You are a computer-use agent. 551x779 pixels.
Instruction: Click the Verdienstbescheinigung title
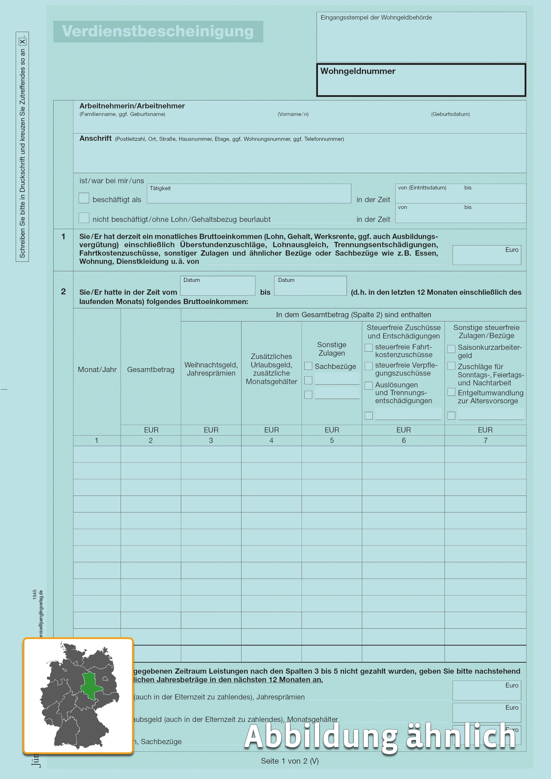(x=158, y=31)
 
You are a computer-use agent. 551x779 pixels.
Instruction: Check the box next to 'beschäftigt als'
(x=84, y=198)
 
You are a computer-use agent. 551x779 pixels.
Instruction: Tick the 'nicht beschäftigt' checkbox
(x=84, y=218)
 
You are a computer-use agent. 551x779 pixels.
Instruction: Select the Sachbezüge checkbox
(x=308, y=366)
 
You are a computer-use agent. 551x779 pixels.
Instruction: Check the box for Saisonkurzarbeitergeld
(x=451, y=349)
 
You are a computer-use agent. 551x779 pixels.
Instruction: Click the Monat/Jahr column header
(x=97, y=369)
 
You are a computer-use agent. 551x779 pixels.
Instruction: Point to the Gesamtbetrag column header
(x=151, y=369)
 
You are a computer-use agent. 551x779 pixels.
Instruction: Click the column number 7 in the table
(x=485, y=440)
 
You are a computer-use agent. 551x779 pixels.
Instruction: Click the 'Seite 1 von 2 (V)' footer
(x=290, y=761)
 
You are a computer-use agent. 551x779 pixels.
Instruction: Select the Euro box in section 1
(x=487, y=255)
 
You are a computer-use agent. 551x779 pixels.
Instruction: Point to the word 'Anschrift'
(x=95, y=138)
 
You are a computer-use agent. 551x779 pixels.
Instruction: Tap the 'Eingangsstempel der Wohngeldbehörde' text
(x=376, y=18)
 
